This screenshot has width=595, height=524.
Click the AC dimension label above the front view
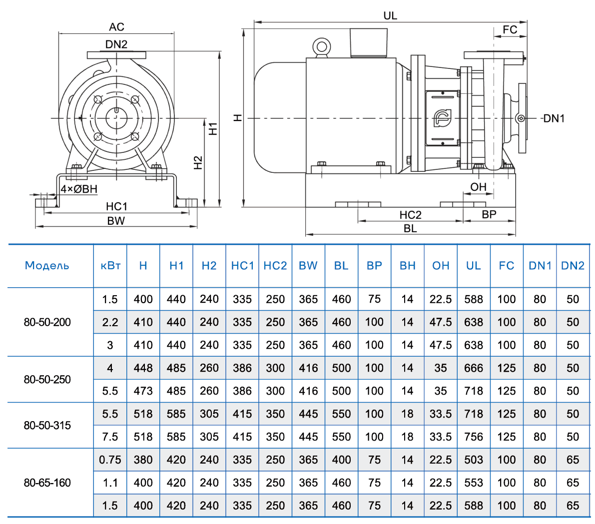coord(116,27)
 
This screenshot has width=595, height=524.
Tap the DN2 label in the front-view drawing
coord(116,44)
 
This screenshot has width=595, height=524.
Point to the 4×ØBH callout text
coord(79,189)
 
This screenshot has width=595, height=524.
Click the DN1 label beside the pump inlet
coord(554,118)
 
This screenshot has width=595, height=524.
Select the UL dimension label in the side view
coord(390,15)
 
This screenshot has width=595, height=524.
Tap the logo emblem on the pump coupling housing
coord(442,118)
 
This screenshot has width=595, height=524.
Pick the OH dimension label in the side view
coord(478,187)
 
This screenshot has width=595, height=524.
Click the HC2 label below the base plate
coord(410,215)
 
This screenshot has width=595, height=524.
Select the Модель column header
coord(47,266)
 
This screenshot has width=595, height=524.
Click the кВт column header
coord(110,266)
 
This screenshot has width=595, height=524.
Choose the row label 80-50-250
coord(47,380)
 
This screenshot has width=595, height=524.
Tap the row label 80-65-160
coord(47,483)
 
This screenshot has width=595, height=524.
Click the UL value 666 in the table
coord(473,368)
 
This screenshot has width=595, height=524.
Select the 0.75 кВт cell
coord(110,460)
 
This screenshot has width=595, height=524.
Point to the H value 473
coord(143,391)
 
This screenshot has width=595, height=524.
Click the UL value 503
coord(473,460)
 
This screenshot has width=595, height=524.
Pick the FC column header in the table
coord(506,266)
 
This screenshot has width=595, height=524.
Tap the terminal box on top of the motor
coord(369,42)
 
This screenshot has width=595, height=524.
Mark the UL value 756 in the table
coord(473,437)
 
